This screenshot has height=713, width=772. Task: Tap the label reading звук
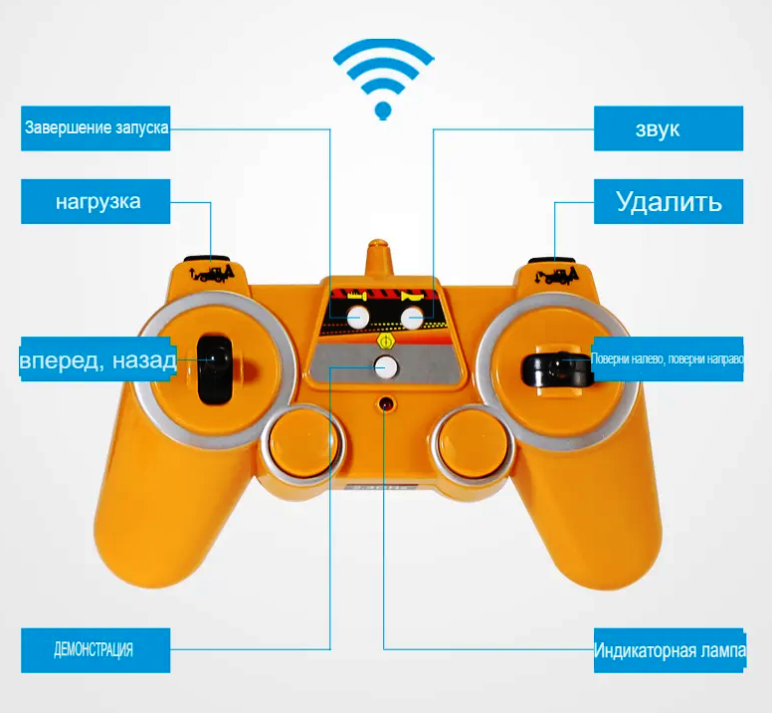pyautogui.click(x=669, y=128)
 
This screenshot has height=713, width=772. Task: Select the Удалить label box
pyautogui.click(x=669, y=202)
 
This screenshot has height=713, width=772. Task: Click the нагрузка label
pyautogui.click(x=96, y=202)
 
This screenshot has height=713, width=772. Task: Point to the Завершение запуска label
pyautogui.click(x=96, y=128)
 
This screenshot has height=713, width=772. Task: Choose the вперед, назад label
pyautogui.click(x=97, y=360)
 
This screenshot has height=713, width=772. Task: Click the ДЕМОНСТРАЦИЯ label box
pyautogui.click(x=95, y=650)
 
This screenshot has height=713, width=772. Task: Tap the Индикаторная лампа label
pyautogui.click(x=669, y=650)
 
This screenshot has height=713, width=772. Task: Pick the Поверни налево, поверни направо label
pyautogui.click(x=668, y=359)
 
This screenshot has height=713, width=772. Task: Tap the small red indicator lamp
pyautogui.click(x=385, y=404)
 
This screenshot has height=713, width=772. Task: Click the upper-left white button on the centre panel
pyautogui.click(x=357, y=318)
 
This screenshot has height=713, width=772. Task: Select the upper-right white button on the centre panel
pyautogui.click(x=412, y=318)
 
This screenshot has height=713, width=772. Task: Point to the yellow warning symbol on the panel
pyautogui.click(x=385, y=341)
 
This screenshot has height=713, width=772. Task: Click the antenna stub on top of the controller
pyautogui.click(x=379, y=258)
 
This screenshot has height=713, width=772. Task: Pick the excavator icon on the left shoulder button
pyautogui.click(x=213, y=272)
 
